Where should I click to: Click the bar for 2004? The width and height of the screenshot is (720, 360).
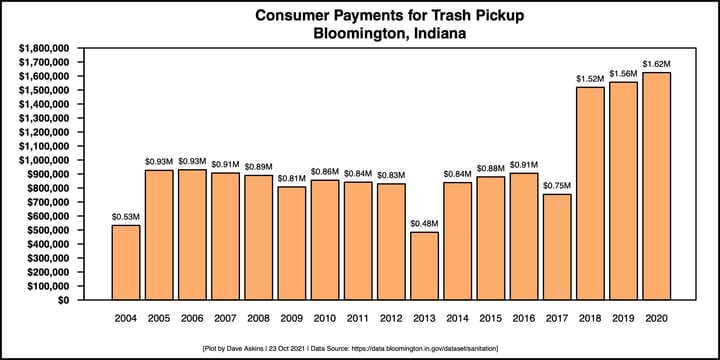(x=125, y=262)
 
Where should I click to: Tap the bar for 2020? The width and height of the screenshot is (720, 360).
(x=657, y=186)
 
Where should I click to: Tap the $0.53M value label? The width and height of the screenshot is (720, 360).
(x=125, y=216)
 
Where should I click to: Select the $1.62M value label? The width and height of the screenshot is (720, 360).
(x=657, y=64)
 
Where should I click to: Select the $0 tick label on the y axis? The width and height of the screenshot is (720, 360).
(x=62, y=300)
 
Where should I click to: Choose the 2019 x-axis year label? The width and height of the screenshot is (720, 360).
(x=624, y=319)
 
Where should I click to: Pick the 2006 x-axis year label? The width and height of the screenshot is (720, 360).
(x=192, y=319)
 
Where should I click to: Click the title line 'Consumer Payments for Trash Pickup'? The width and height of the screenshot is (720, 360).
(x=360, y=16)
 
